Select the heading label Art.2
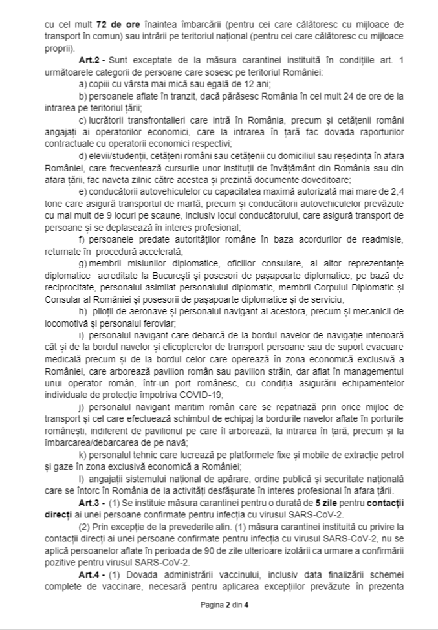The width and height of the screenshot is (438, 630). tap(89, 60)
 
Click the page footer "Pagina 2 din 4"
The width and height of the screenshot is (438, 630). tap(219, 606)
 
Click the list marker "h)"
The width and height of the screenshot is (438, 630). tap(82, 310)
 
